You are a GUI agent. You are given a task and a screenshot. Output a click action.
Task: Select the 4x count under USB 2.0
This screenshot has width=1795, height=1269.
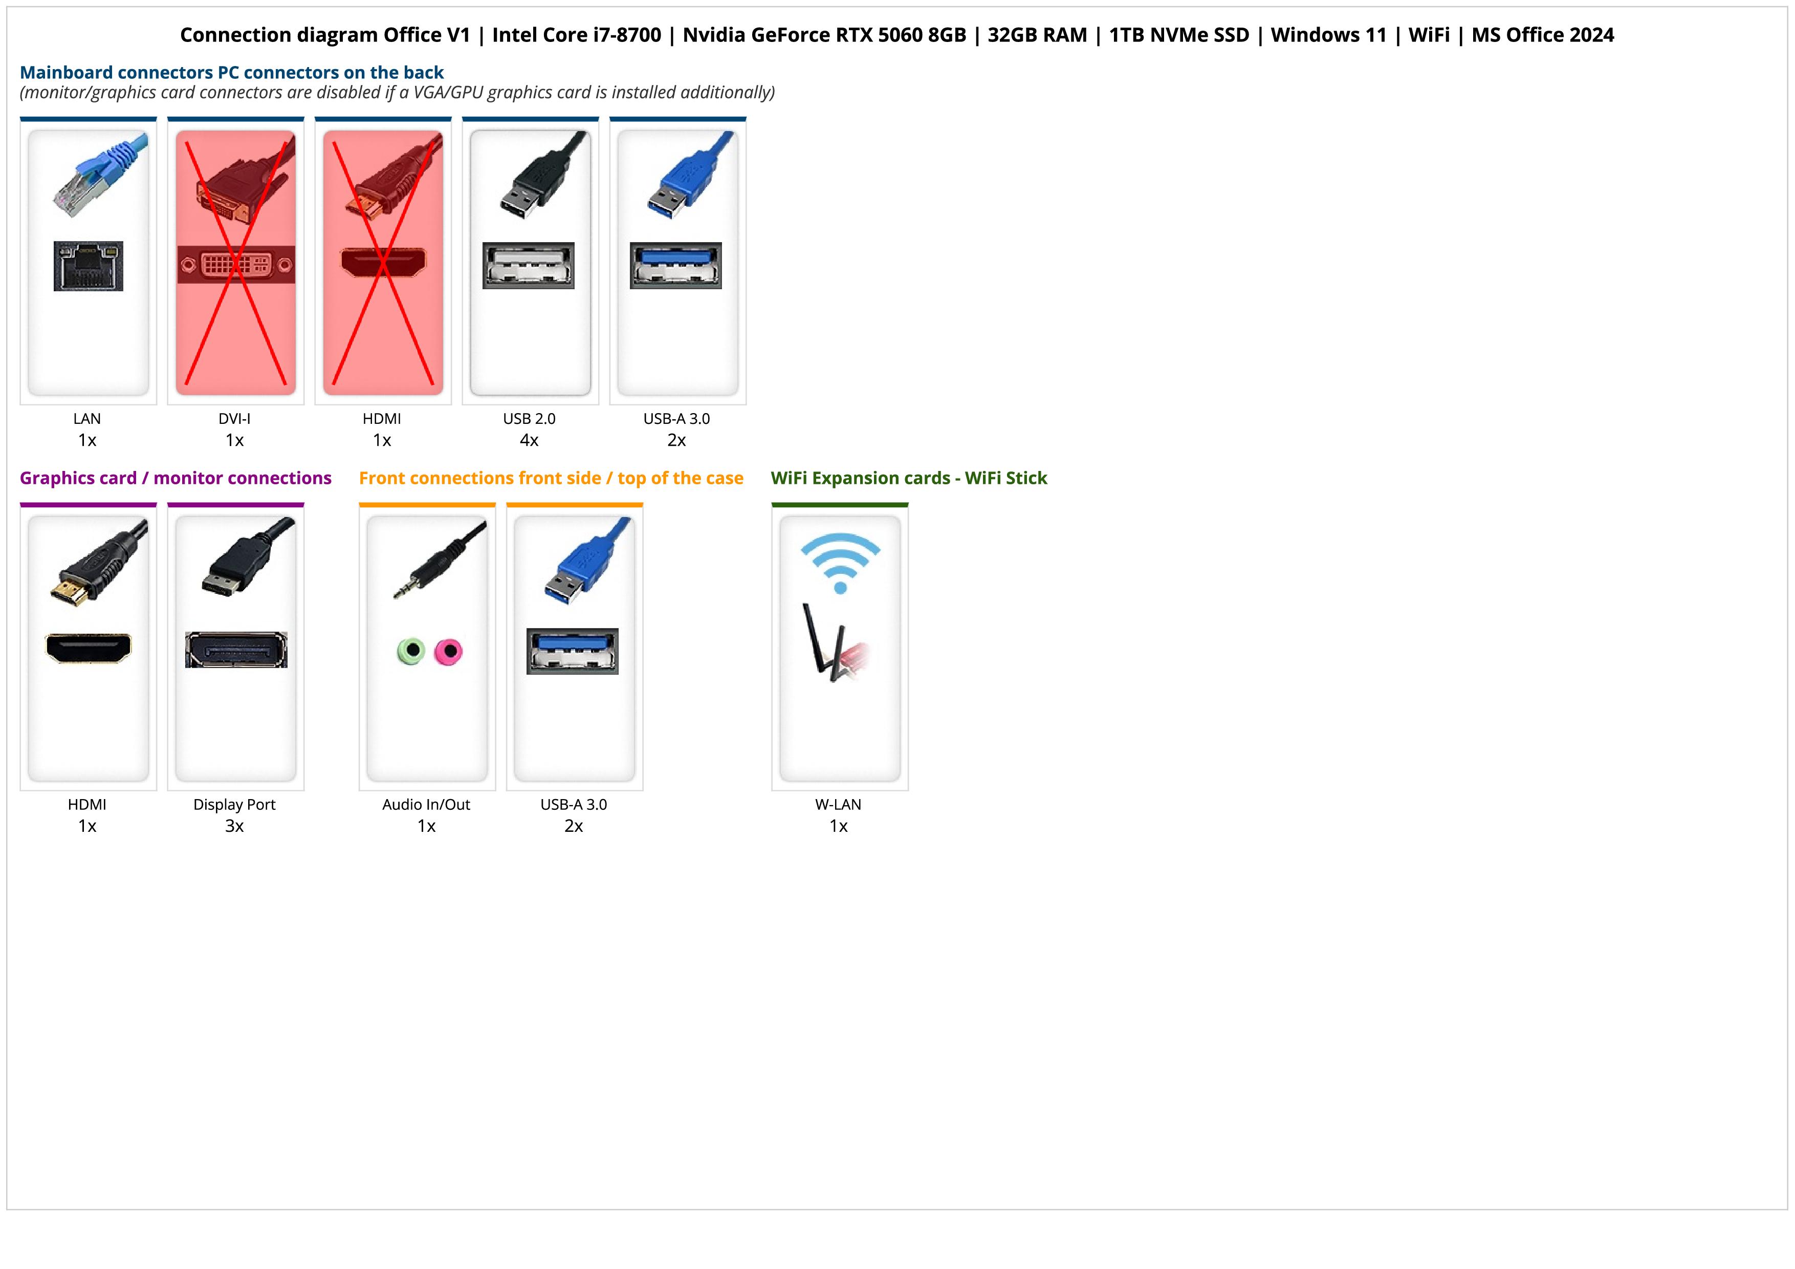point(529,440)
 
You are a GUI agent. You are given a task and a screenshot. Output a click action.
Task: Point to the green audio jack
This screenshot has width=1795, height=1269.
point(411,651)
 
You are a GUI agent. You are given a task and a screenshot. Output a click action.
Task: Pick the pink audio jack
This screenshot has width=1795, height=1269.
point(449,651)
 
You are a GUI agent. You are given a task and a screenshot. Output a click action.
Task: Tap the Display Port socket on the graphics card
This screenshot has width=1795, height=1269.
point(236,650)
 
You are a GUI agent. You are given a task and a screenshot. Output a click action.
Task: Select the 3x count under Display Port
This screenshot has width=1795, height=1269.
point(234,826)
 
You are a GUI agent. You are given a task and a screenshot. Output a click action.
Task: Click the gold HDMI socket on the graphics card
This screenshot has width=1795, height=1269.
point(89,648)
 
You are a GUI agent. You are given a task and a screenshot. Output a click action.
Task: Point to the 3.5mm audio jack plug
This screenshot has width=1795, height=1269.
point(438,562)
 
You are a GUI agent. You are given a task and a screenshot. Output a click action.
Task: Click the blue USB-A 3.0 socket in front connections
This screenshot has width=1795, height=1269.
point(572,651)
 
